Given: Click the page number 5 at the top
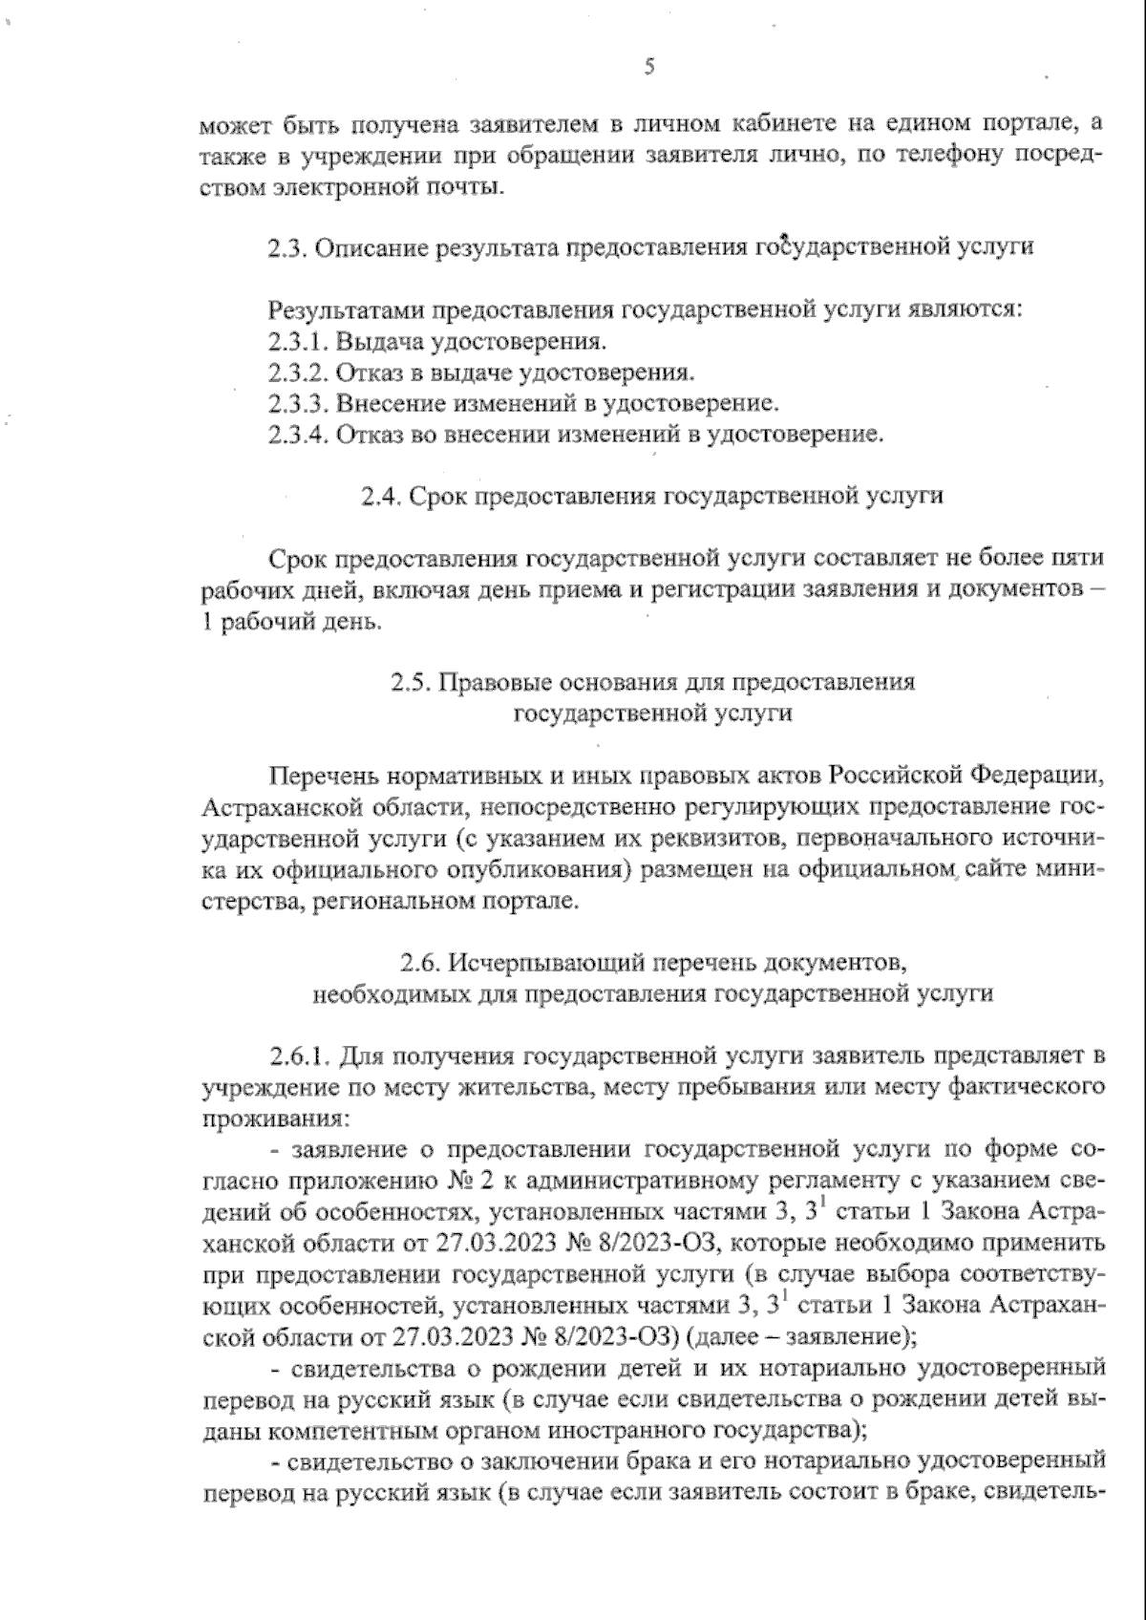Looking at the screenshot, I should coord(650,66).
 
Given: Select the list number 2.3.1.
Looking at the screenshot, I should coord(297,341).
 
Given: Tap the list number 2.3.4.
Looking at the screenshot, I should coord(299,435).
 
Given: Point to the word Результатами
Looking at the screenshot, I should coord(348,310).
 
